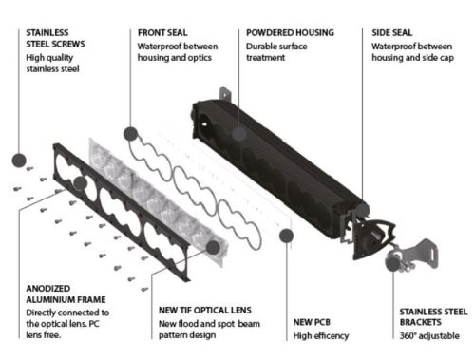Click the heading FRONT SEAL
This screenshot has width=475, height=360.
coord(162,32)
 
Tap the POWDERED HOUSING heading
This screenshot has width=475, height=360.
coord(290,32)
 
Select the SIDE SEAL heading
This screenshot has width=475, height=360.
coord(392,32)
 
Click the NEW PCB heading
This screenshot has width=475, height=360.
coord(312,322)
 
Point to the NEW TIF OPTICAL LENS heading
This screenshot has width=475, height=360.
coord(205,310)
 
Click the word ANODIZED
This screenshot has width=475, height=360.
coord(48,289)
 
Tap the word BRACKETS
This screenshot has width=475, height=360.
coord(420,322)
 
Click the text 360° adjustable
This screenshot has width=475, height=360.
coord(429,335)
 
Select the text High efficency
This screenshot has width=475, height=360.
coord(321,335)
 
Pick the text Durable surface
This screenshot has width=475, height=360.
coord(276,47)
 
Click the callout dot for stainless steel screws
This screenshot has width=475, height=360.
coord(19,161)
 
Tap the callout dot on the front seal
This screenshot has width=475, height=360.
coord(130,134)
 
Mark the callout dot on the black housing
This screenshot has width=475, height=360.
coord(239,133)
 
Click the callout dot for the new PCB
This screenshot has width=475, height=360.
coord(286,236)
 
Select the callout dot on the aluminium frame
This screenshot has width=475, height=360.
coord(80,183)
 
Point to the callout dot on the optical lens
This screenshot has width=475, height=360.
coord(213,247)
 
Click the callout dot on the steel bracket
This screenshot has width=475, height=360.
coord(393,264)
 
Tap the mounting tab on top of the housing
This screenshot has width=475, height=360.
coord(224,94)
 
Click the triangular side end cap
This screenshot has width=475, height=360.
coord(373,238)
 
